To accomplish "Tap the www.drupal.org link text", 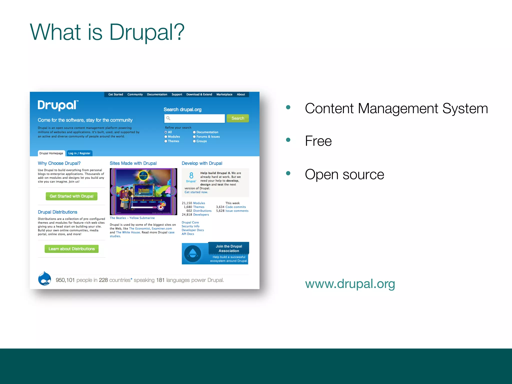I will click(350, 284).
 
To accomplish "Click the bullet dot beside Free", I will click(288, 140).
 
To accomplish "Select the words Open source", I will click(344, 174).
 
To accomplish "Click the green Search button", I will click(237, 118).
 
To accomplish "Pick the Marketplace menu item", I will click(224, 94).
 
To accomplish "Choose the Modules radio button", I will click(166, 137).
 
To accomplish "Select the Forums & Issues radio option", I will click(194, 137).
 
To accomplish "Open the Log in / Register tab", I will click(79, 153).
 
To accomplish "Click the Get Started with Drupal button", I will click(71, 196).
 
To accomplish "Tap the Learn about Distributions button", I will click(71, 249).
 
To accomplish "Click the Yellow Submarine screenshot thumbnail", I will click(143, 191).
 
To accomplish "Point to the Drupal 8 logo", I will click(191, 177).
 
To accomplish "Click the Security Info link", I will click(190, 226).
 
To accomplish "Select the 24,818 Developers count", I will click(195, 214).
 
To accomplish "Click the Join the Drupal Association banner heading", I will click(229, 248).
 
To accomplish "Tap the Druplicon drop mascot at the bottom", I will click(44, 278).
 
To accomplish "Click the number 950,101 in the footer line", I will click(65, 280).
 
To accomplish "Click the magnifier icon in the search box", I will click(168, 118).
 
